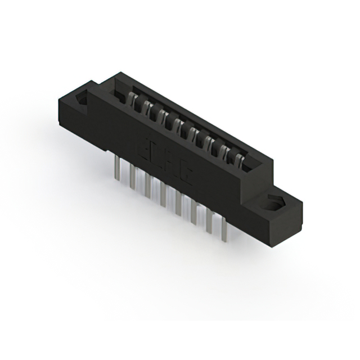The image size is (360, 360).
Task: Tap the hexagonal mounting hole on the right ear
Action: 277,203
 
